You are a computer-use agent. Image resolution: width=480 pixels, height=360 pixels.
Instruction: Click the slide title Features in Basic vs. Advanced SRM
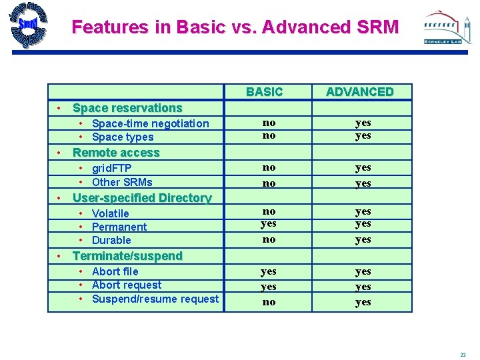[x=235, y=27]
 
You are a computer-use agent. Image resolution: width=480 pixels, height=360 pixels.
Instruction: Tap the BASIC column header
[x=264, y=92]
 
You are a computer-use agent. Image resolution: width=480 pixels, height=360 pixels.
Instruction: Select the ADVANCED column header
[x=359, y=92]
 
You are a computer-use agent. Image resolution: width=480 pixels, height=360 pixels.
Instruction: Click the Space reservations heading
[x=127, y=108]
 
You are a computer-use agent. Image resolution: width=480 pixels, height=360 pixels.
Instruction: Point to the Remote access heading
[x=116, y=153]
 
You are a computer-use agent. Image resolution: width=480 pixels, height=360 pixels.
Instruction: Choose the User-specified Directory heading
[x=141, y=198]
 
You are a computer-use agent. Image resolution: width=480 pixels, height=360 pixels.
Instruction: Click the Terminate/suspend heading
[x=127, y=256]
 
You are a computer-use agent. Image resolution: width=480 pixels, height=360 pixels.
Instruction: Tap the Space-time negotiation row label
[x=150, y=123]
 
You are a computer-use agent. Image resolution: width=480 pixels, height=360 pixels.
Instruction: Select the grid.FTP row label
[x=111, y=169]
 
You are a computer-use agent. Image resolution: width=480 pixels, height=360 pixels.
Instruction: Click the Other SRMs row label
[x=122, y=182]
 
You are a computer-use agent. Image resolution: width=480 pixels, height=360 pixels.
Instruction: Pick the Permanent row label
[x=119, y=227]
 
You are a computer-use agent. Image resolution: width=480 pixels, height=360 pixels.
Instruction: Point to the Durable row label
[x=111, y=240]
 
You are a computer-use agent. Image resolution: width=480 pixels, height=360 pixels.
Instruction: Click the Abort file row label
[x=115, y=271]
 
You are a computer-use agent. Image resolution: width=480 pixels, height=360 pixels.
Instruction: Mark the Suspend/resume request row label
[x=155, y=299]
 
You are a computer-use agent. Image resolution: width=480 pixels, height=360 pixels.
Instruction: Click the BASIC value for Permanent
[x=269, y=224]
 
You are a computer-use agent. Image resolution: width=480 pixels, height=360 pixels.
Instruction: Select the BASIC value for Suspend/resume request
[x=269, y=302]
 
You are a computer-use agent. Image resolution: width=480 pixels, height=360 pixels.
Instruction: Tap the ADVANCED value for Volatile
[x=363, y=211]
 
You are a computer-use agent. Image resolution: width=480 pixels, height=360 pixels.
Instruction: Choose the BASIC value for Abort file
[x=269, y=271]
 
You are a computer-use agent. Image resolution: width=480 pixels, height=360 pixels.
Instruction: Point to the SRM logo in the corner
[x=28, y=25]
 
